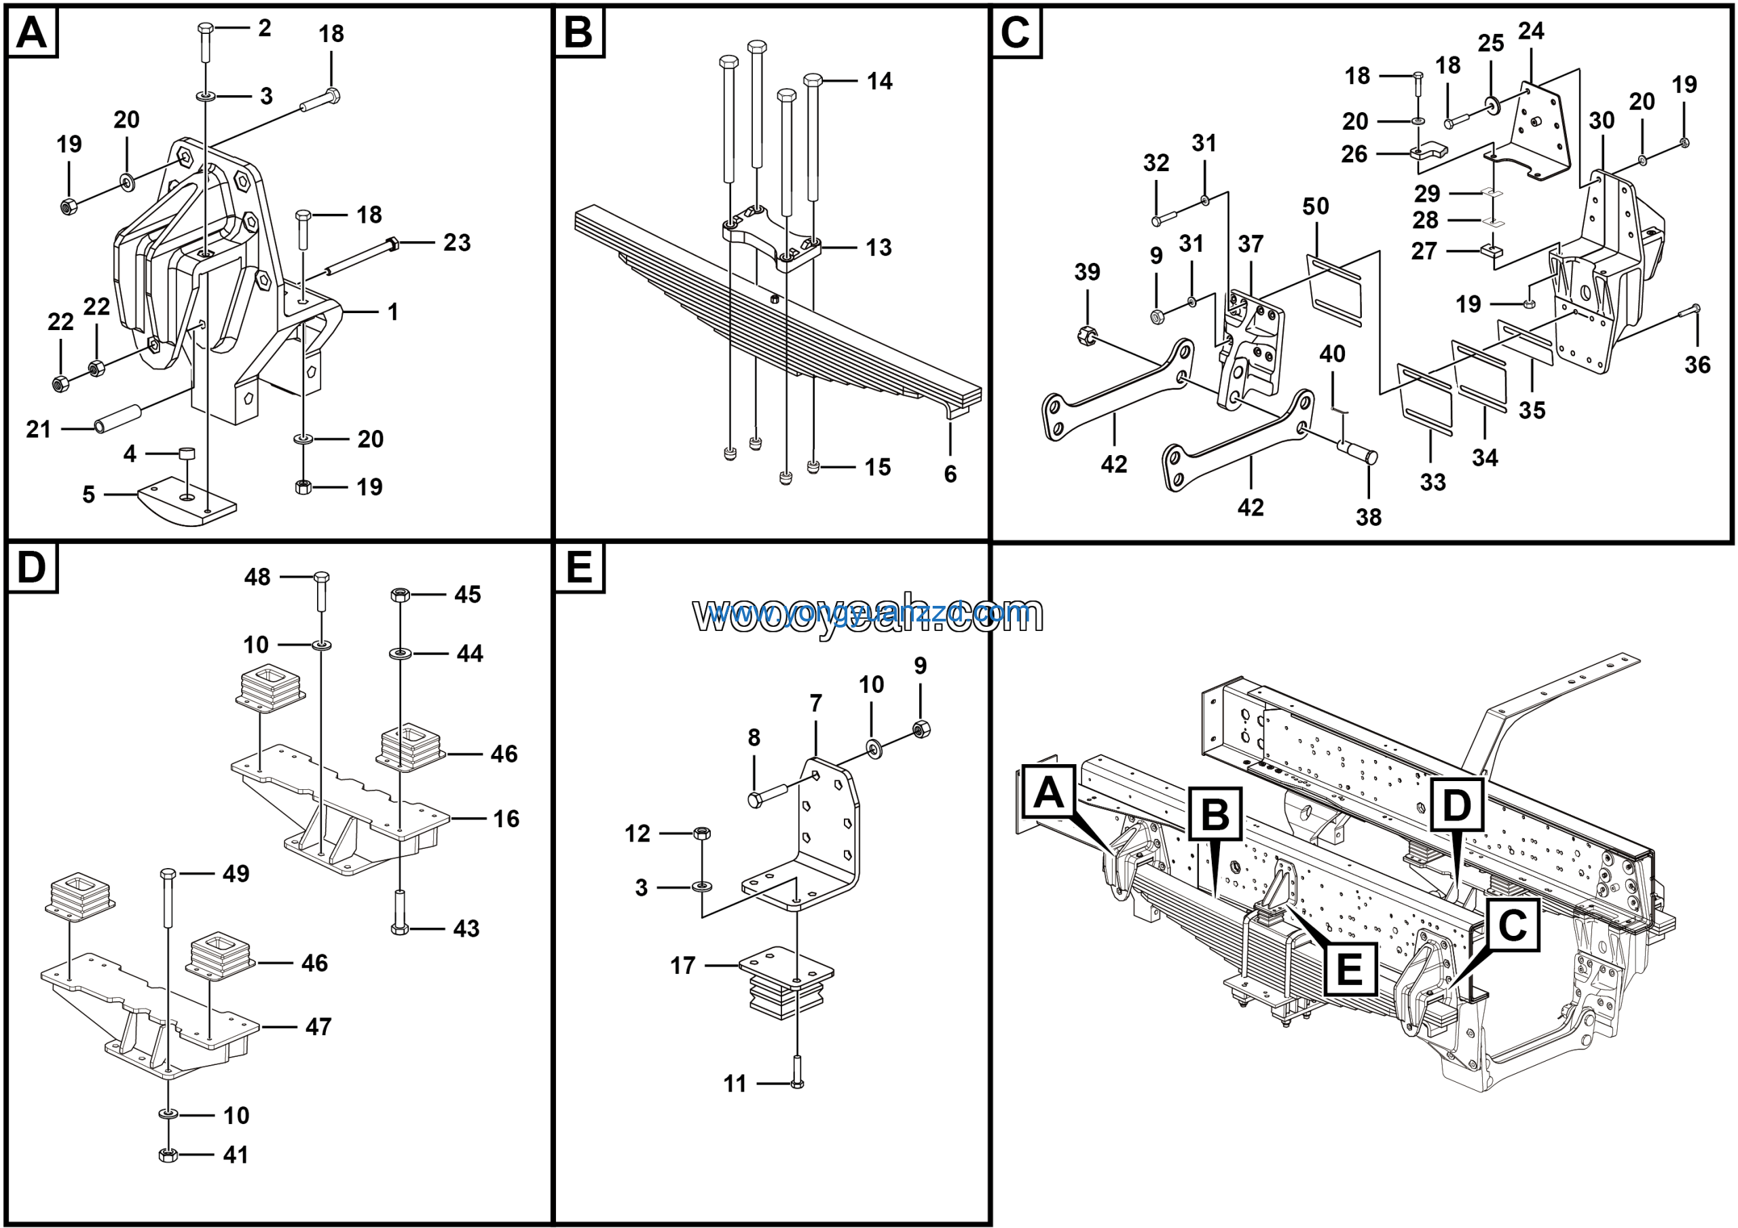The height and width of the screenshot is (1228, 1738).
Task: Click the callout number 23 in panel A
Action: coord(456,242)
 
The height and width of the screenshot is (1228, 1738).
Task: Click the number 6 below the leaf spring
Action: coord(950,474)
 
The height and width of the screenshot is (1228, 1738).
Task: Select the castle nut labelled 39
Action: coord(1086,334)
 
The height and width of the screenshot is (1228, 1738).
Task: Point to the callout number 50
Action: coord(1316,206)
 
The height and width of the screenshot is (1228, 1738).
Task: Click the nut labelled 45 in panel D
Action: coord(400,594)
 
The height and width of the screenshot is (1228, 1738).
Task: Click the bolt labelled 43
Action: coord(400,916)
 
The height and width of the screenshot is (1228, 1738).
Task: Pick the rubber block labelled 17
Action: coord(785,984)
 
